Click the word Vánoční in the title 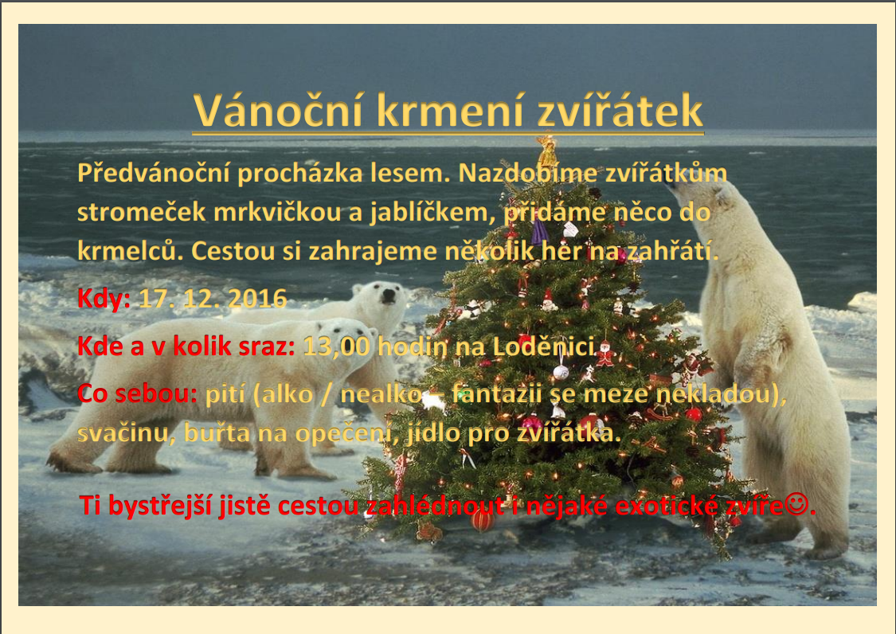(278, 110)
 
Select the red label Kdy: (104, 299)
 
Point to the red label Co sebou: (137, 394)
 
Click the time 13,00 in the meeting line (336, 347)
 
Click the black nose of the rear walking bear (389, 295)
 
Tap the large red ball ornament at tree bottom (483, 519)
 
